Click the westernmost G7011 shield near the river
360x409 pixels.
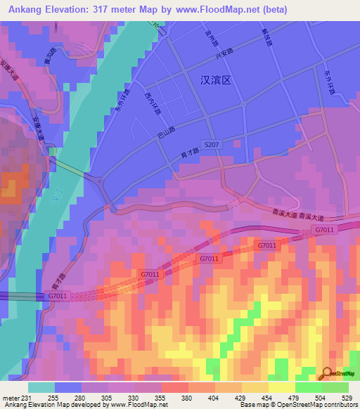(58, 296)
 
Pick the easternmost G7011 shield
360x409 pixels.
(323, 230)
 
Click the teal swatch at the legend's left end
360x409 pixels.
(41, 387)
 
